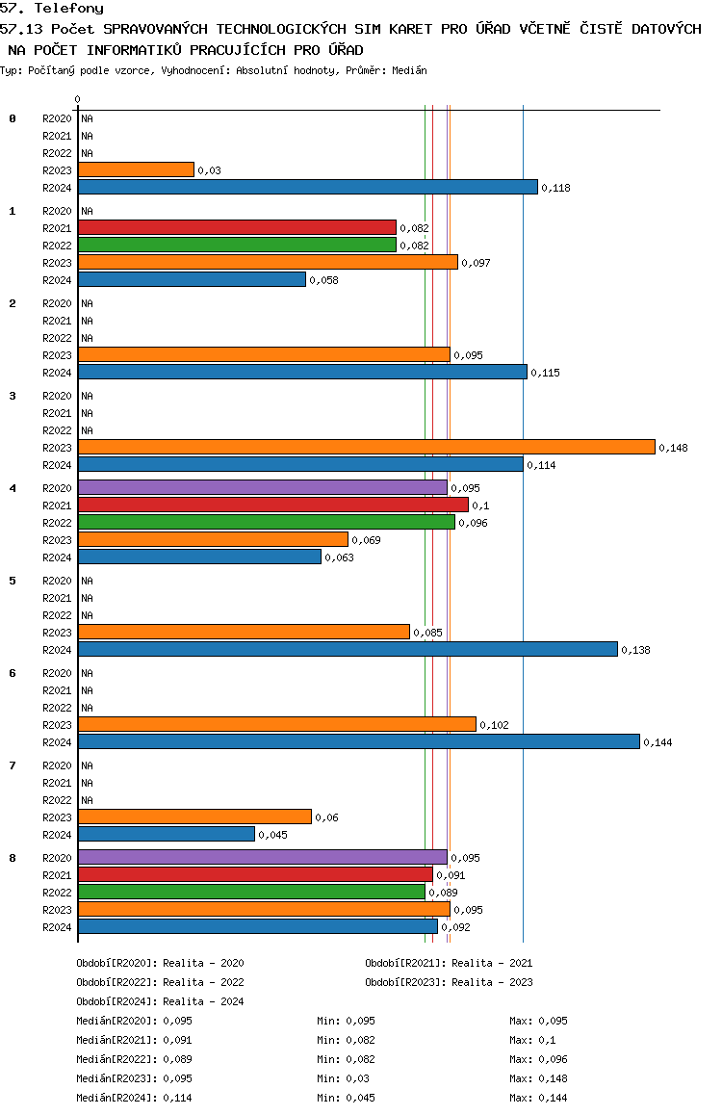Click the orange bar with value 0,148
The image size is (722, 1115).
click(x=367, y=447)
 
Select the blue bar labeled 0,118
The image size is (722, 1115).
click(x=308, y=186)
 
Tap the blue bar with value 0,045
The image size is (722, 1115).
click(x=167, y=834)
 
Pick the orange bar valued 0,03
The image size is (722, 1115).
click(x=136, y=169)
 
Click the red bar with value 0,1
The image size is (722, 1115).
click(x=273, y=505)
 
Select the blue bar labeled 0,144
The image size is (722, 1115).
click(x=359, y=741)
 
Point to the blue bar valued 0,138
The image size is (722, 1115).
click(x=348, y=649)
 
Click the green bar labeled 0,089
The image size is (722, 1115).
click(x=251, y=891)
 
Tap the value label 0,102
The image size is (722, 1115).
click(x=494, y=725)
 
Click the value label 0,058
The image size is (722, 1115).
click(x=323, y=280)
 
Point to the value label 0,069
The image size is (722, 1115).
click(x=366, y=540)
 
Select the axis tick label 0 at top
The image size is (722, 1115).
click(x=77, y=99)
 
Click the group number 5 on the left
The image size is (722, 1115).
click(x=13, y=581)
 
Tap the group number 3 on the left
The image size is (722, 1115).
click(x=13, y=396)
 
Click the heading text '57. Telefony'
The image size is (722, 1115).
click(x=52, y=8)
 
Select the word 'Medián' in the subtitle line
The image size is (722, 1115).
click(x=409, y=70)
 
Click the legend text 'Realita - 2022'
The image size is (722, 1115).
click(x=203, y=982)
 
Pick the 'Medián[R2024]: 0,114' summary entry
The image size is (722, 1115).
click(x=135, y=1098)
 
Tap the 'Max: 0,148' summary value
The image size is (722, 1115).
click(x=539, y=1078)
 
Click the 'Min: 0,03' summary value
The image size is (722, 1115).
click(x=344, y=1078)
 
